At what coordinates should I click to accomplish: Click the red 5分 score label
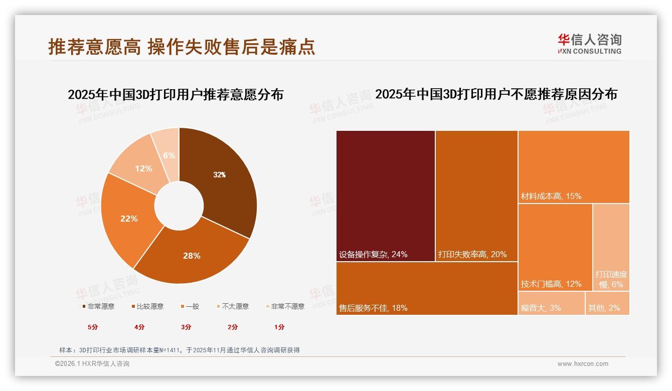[93, 327]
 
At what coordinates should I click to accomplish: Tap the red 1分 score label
[279, 327]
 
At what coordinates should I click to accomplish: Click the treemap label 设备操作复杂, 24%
[373, 254]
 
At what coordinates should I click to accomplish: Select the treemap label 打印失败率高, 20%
[472, 254]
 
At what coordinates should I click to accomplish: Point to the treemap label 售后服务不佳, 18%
[373, 308]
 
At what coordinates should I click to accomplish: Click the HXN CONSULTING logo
[590, 44]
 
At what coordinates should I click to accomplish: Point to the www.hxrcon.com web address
[583, 364]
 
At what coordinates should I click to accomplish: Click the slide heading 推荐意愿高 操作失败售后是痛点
[182, 46]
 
